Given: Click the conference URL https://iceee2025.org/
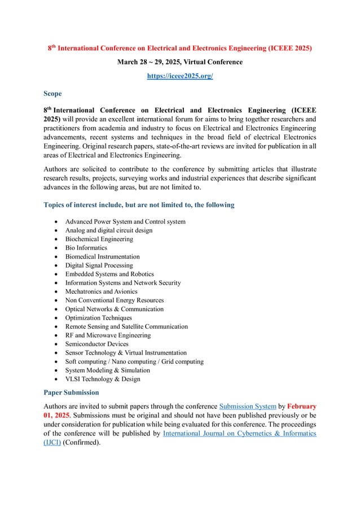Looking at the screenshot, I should click(180, 75).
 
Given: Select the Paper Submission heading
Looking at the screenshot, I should click(71, 392).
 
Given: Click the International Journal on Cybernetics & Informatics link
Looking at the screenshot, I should click(239, 433).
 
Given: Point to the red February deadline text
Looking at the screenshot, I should click(303, 407).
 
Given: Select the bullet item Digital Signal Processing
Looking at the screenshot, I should click(99, 265).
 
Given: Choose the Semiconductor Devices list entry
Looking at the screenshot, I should click(96, 344).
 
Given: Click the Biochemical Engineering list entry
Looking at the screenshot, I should click(99, 239).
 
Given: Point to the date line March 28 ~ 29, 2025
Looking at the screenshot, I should click(179, 61).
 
